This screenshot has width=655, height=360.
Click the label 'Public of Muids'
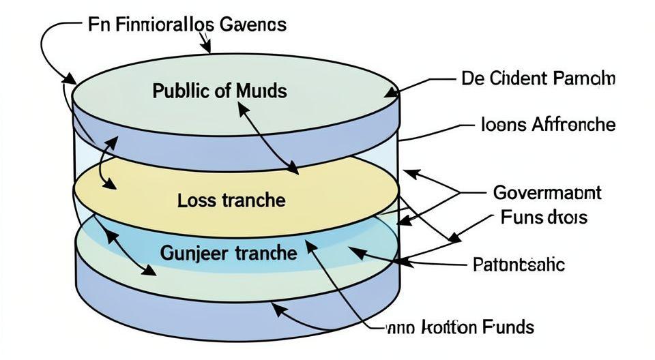[x=219, y=91]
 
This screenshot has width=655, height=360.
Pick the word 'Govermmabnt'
[x=547, y=193]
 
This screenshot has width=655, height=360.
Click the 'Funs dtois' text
[x=544, y=218]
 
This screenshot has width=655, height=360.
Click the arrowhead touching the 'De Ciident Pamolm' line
[x=392, y=93]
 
